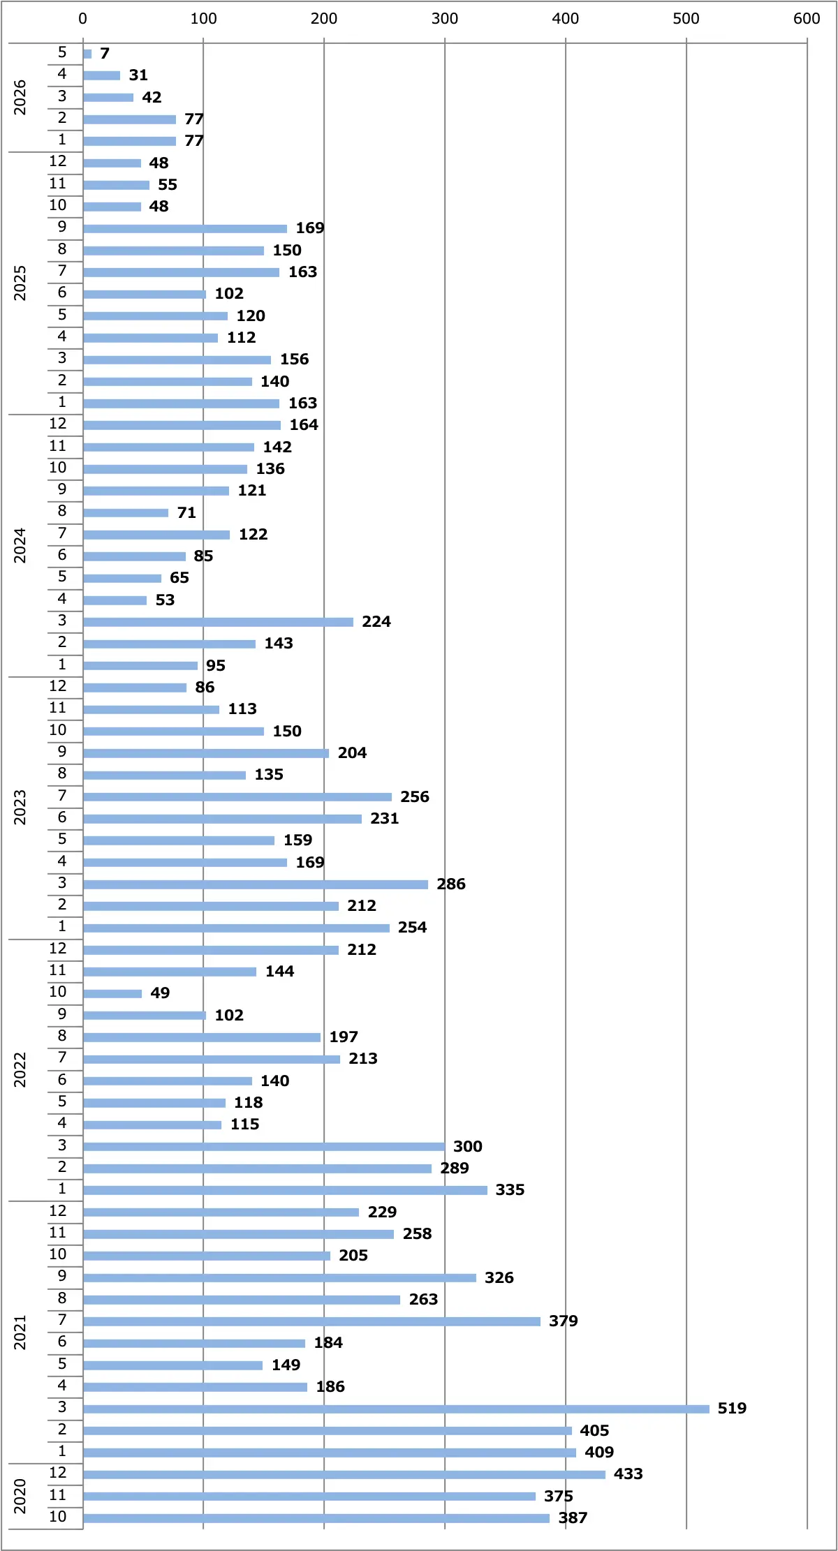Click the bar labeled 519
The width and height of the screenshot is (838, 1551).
point(396,1409)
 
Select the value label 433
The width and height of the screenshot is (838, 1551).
point(628,1474)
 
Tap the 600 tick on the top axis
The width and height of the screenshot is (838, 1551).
point(807,19)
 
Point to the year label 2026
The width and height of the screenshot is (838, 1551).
point(20,97)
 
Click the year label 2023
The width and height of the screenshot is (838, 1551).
point(20,808)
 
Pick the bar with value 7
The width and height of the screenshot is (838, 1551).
point(87,54)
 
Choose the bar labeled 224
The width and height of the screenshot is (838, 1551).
point(218,622)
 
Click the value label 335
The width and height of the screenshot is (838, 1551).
point(510,1189)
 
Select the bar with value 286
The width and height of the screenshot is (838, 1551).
point(256,884)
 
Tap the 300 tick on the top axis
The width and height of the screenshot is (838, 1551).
point(445,19)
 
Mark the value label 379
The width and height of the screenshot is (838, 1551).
point(563,1321)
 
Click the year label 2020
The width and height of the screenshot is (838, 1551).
point(20,1496)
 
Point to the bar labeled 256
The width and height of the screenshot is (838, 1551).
point(237,797)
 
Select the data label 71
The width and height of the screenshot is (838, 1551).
point(186,512)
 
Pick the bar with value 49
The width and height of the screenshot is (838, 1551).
point(112,993)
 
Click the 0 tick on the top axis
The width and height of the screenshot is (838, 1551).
point(82,19)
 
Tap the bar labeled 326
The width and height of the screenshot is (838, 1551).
point(279,1277)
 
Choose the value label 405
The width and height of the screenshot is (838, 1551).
point(594,1430)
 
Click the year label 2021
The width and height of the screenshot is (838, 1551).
point(20,1333)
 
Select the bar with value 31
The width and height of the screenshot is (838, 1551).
point(101,75)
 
